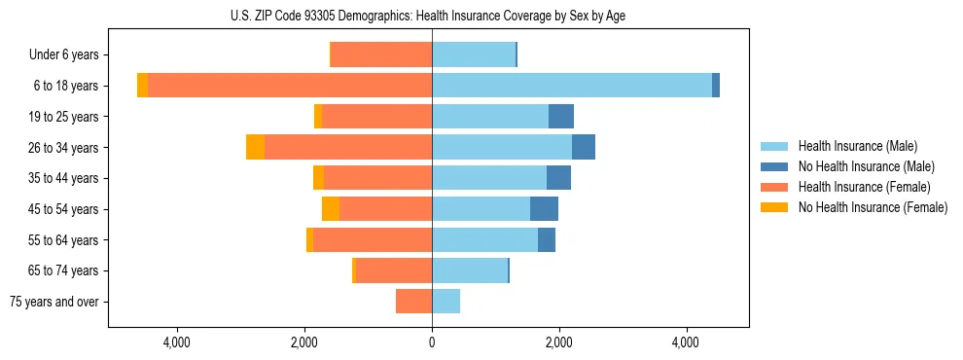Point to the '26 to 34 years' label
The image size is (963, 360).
(64, 148)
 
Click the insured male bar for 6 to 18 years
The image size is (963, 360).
(572, 86)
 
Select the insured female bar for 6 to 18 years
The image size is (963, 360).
(290, 86)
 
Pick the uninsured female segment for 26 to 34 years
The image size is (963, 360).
(255, 147)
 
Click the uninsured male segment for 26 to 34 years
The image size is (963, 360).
(584, 147)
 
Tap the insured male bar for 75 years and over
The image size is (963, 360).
(446, 302)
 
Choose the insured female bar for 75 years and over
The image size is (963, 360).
(413, 302)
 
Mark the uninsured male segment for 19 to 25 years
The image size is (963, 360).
(561, 117)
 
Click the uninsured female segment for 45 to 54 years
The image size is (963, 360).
(331, 209)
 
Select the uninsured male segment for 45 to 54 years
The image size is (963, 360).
(545, 209)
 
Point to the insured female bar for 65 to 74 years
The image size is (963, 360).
(394, 270)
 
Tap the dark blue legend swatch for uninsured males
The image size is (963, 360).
(774, 166)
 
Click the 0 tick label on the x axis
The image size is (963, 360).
(432, 342)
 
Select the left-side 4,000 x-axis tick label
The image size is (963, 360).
(177, 342)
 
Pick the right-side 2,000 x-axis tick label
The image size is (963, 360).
(559, 342)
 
